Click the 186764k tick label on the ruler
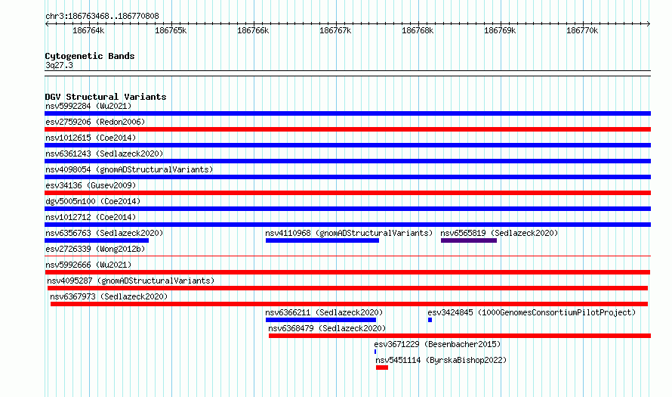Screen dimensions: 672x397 coord(88,30)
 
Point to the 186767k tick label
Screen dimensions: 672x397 coord(335,30)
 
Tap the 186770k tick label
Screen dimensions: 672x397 coord(582,30)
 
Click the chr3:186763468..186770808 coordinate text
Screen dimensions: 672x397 coord(102,16)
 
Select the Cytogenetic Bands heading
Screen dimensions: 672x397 coord(90,56)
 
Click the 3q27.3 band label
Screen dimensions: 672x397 coord(59,65)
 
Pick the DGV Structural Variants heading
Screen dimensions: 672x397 coord(106,97)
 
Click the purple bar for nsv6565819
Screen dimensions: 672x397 coord(469,240)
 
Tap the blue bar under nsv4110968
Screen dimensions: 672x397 coord(322,240)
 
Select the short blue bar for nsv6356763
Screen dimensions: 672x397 coord(97,240)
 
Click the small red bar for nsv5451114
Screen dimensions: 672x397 coord(382,368)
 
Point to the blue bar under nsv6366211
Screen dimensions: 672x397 coord(321,320)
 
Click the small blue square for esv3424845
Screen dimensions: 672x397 coord(430,320)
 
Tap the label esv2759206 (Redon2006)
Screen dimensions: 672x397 coord(95,122)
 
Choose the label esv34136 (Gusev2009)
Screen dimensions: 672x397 coord(91,185)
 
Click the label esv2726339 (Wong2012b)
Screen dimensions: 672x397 coord(95,249)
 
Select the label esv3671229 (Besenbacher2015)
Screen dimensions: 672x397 coord(437,344)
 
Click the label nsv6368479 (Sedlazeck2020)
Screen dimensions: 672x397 coord(327,328)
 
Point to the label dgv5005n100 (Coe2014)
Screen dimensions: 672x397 coord(93,201)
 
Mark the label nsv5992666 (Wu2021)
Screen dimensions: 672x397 coord(88,265)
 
